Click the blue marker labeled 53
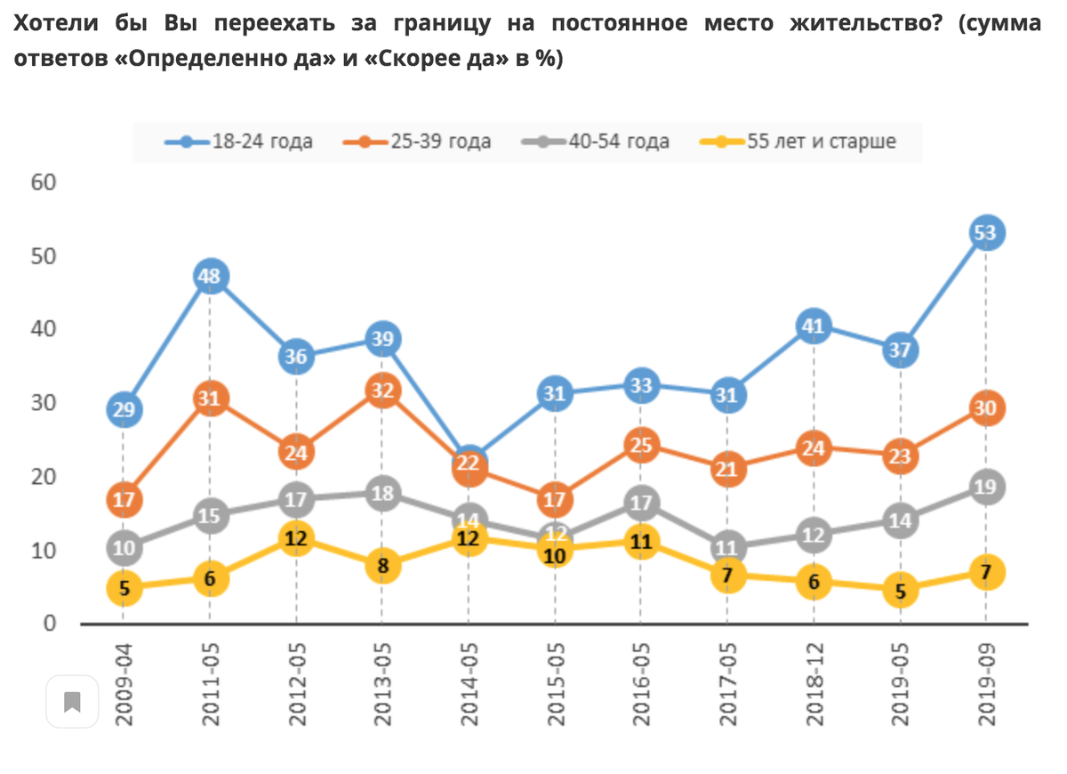pos(986,233)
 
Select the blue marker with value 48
pos(210,277)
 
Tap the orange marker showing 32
pos(382,391)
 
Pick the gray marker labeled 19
pos(986,487)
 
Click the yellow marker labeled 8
pos(382,566)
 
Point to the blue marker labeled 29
pos(124,409)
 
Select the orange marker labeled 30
pos(986,408)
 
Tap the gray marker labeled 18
pos(382,494)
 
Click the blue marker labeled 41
pos(814,326)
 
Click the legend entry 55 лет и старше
pos(809,141)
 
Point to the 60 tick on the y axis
pos(44,183)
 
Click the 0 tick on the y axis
pos(50,625)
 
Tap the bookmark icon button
pos(73,703)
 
